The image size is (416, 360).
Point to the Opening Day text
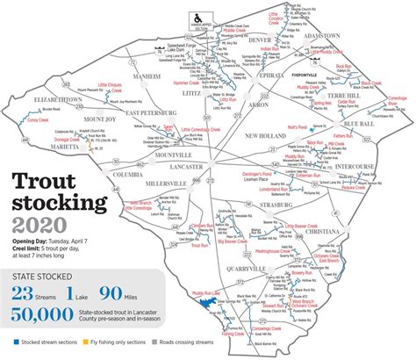click(x=34, y=240)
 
